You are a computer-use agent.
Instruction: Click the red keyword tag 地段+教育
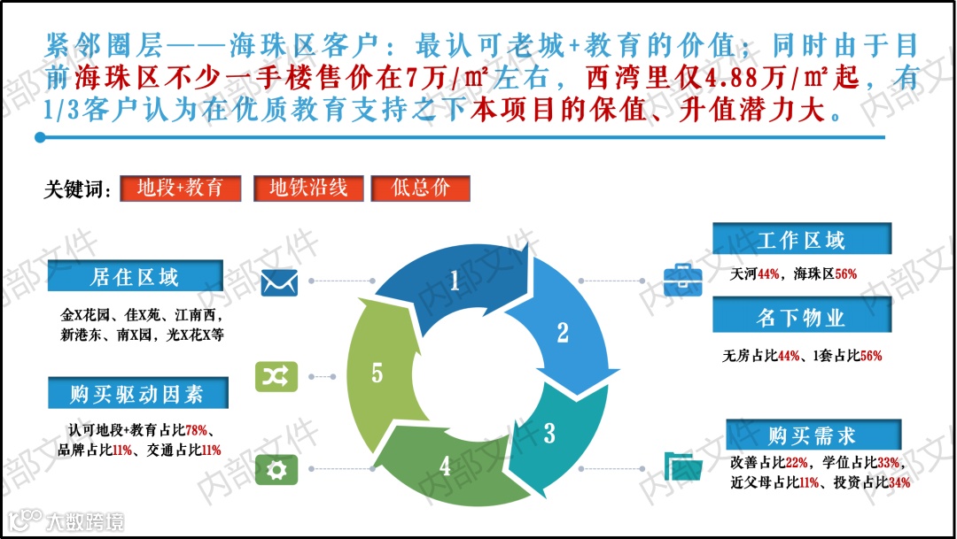180,188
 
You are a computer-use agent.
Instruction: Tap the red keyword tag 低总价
420,188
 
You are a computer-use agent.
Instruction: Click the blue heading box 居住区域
135,276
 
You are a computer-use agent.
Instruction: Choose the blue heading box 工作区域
801,239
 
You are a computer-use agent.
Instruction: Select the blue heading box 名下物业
801,317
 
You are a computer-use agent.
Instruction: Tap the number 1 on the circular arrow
455,281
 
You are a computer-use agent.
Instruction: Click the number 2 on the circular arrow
562,333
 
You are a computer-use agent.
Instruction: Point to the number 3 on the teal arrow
549,434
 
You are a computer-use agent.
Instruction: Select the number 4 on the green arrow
445,466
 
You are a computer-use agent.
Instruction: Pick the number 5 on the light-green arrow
377,373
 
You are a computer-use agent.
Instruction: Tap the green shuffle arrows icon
273,376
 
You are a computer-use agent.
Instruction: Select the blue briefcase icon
683,274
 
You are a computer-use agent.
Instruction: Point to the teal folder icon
683,465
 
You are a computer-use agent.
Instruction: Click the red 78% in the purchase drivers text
197,431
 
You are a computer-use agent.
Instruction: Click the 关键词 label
79,189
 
